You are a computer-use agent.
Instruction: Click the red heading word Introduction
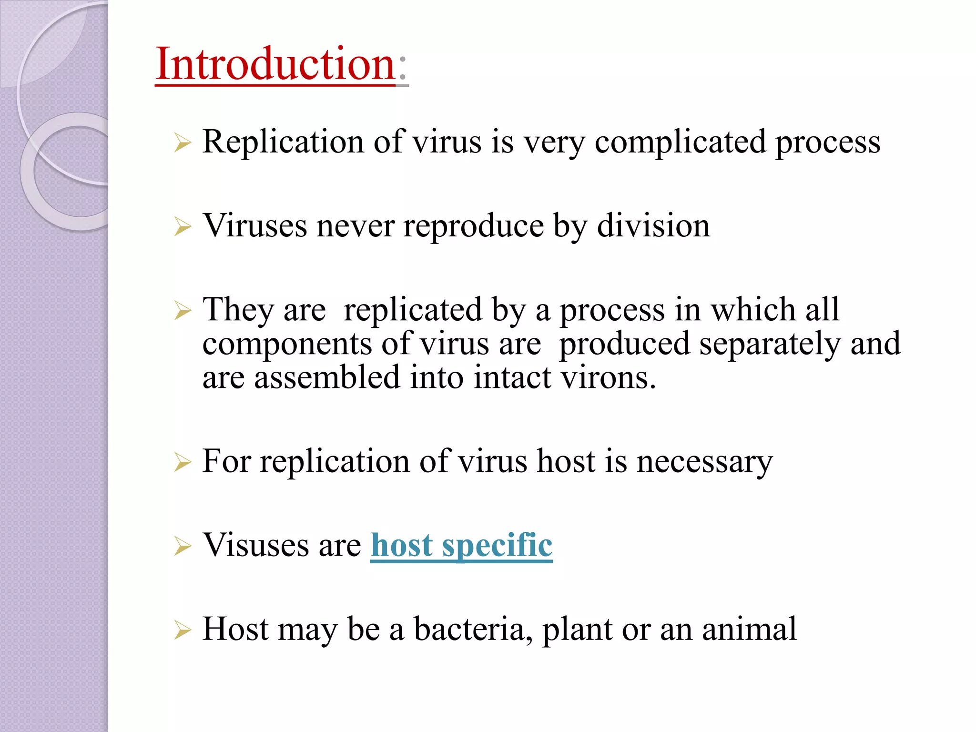(275, 64)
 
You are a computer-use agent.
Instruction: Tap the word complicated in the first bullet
(681, 142)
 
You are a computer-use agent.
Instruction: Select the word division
(653, 225)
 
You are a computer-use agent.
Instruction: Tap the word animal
(749, 629)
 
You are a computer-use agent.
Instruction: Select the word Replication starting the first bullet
(283, 142)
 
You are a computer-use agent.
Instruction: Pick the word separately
(770, 344)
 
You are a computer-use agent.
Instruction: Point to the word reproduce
(473, 225)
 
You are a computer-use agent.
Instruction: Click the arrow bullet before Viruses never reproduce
(183, 227)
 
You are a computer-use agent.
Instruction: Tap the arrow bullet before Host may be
(183, 630)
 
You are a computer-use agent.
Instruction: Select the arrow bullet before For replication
(183, 462)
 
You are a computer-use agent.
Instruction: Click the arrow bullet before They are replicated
(183, 311)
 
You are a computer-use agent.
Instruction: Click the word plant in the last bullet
(577, 629)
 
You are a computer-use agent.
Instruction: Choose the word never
(355, 225)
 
